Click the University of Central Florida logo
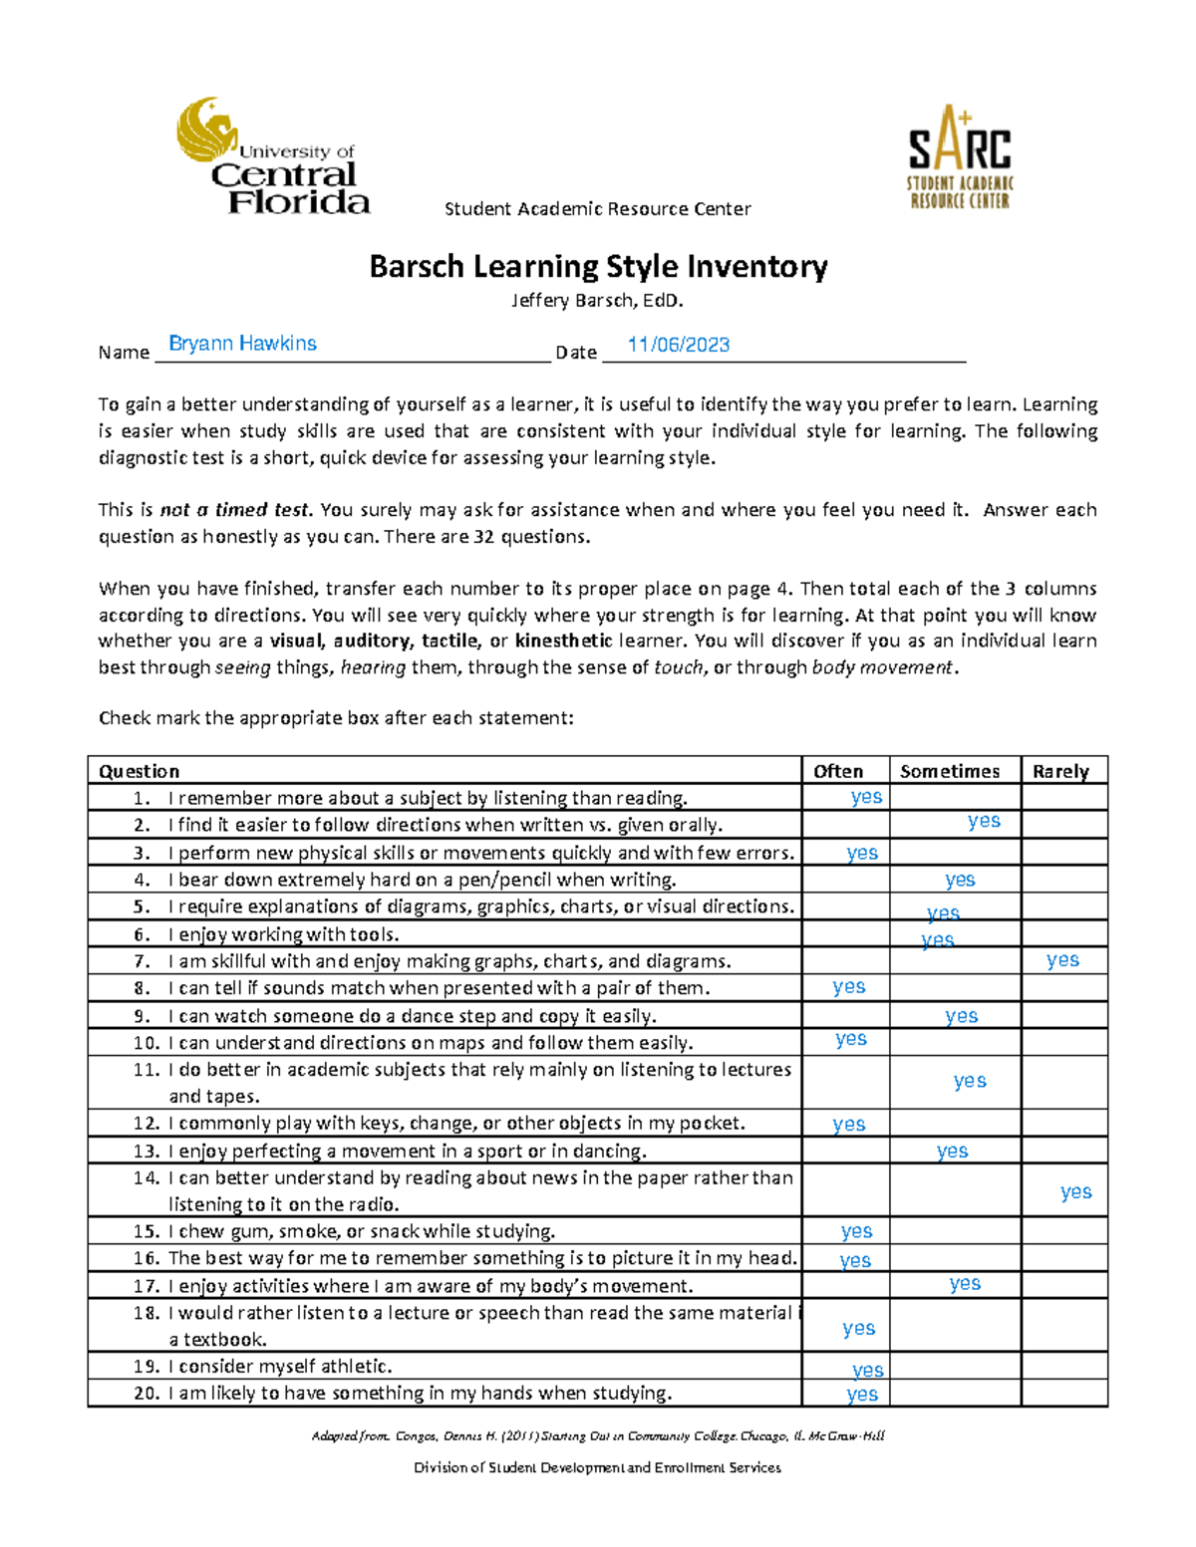pos(273,156)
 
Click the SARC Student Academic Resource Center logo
pos(959,157)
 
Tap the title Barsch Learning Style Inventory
pos(598,267)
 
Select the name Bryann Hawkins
pos(242,344)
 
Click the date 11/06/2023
pos(678,345)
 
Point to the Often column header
pos(838,771)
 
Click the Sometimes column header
pos(949,771)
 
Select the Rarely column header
pos(1060,771)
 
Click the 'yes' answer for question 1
pos(866,796)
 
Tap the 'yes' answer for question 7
pos(1062,959)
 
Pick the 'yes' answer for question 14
pos(1075,1191)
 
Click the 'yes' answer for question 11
pos(969,1081)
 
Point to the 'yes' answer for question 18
pos(858,1328)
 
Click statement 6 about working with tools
pos(283,934)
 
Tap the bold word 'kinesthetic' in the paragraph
pos(563,641)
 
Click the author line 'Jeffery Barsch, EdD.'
pos(598,300)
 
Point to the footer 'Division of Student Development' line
pos(597,1467)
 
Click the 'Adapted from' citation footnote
pos(597,1435)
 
